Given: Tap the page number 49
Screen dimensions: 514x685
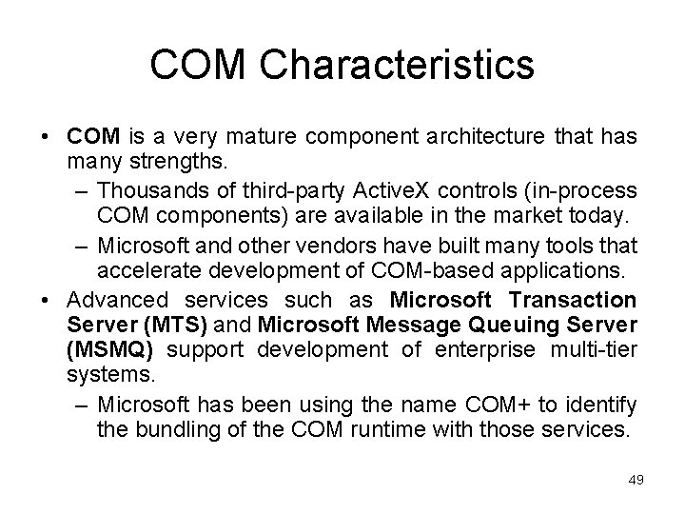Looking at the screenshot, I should point(636,480).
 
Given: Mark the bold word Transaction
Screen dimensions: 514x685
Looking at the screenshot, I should point(573,300).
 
